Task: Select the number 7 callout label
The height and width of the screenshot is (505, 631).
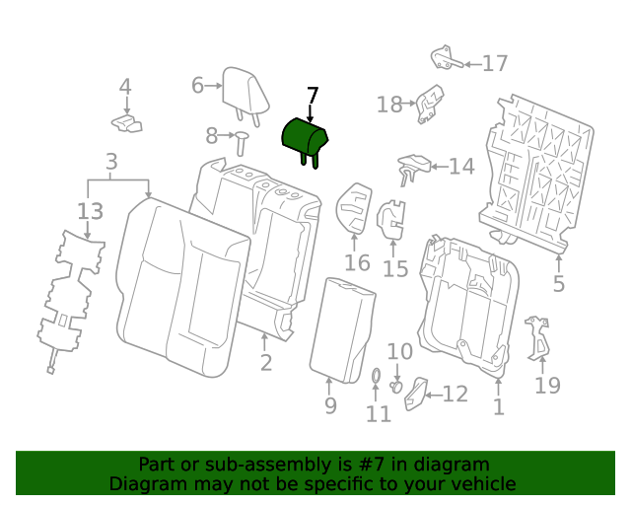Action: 313,96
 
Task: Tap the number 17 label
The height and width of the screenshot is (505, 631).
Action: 494,63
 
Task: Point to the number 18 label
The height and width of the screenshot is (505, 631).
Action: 389,104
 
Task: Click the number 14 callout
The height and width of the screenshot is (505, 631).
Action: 461,167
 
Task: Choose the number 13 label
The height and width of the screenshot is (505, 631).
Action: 90,210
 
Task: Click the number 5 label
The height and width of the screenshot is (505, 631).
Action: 558,285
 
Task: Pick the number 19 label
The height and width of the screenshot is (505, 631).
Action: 547,386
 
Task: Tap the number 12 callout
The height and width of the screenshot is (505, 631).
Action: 455,395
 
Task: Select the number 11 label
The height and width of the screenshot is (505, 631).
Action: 379,414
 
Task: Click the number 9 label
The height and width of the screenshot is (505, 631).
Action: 330,405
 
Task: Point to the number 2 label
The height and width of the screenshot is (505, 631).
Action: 266,363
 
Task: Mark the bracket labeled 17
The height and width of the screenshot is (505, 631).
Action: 447,58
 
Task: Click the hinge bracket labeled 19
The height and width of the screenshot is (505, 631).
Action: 538,337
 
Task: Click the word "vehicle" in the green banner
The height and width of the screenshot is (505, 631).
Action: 479,483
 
